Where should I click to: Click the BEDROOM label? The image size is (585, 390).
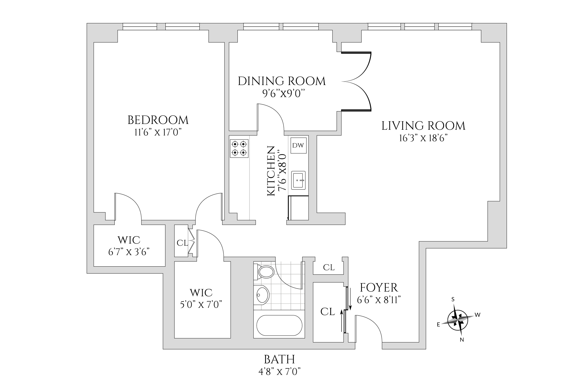coord(158,120)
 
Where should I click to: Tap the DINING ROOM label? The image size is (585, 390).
coord(282,81)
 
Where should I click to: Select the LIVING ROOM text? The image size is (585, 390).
coord(423,126)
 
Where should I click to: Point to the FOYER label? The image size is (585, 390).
coord(379,288)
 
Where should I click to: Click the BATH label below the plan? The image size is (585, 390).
coord(280,360)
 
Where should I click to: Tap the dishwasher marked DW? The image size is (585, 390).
coord(298,146)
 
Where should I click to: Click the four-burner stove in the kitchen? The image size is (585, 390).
coord(239,148)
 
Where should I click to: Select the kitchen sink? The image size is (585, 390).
coord(298,180)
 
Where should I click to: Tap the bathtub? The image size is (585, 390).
coord(279,325)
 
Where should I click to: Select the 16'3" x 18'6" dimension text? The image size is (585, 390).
coord(423,139)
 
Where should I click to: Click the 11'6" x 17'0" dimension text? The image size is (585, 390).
coord(158,132)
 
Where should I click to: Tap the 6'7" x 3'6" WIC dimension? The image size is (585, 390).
coord(129,252)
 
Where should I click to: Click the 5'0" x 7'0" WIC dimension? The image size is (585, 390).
coord(201,305)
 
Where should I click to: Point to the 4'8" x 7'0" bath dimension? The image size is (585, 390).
coord(280,372)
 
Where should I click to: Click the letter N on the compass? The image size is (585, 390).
coord(462,340)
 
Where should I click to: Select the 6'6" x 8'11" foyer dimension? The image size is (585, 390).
coord(379,300)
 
